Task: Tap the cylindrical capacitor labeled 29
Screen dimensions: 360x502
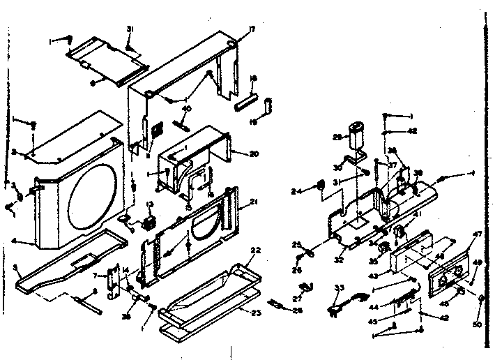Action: [359, 133]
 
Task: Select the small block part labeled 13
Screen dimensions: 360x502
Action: [149, 223]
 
